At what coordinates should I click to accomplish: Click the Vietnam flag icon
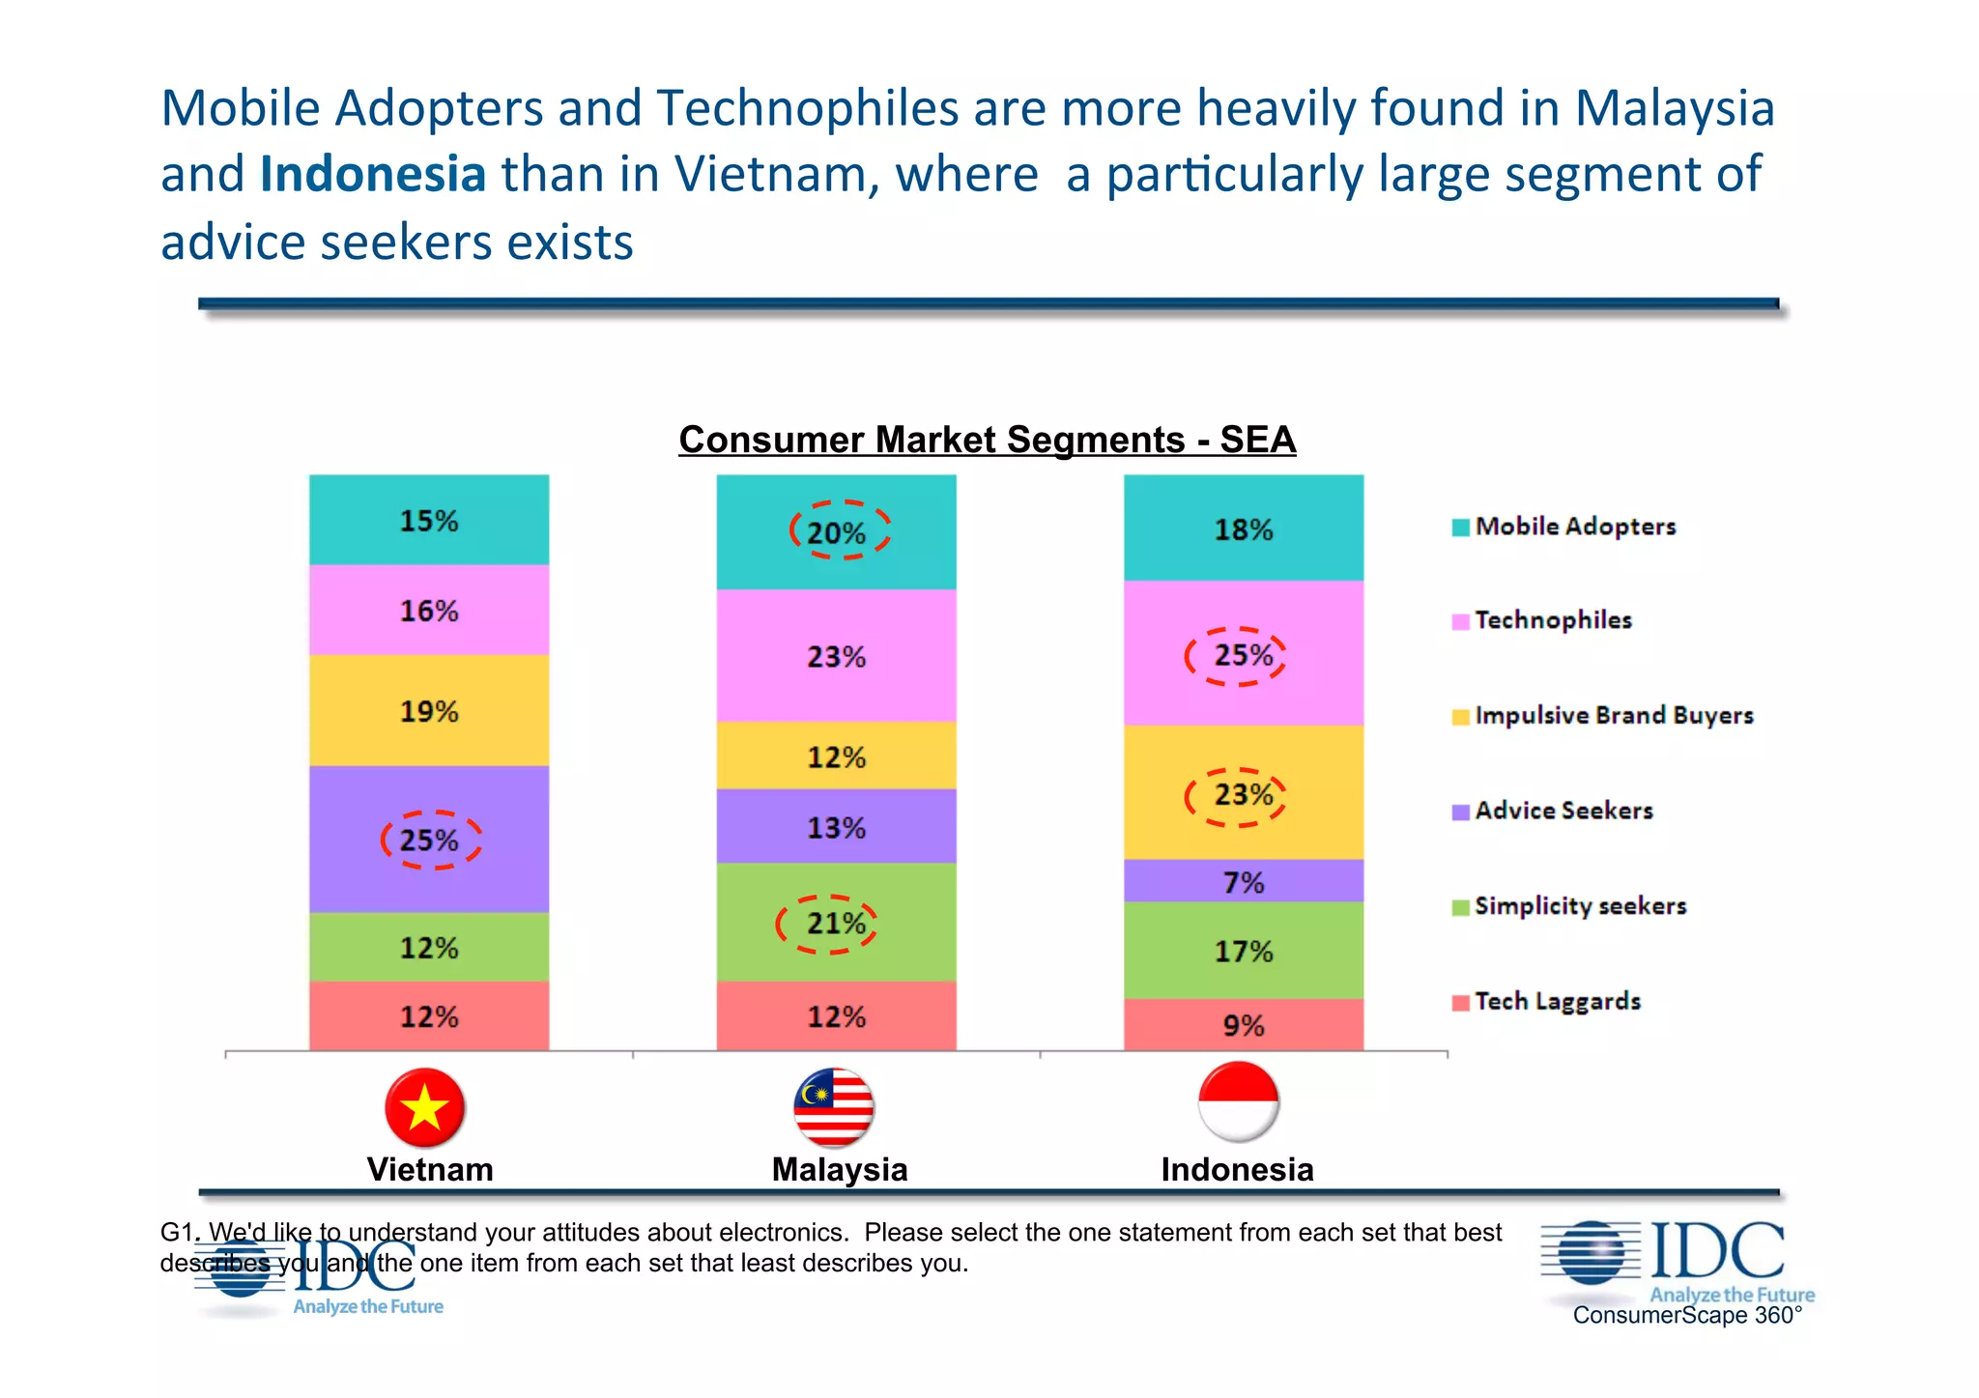click(425, 1106)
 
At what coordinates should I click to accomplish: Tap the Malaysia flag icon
click(834, 1107)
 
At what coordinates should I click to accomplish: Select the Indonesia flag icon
click(1238, 1101)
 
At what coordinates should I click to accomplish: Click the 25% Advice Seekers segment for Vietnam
click(429, 839)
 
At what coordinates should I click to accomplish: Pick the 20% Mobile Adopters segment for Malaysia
click(836, 531)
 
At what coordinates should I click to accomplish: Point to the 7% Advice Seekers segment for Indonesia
click(1243, 881)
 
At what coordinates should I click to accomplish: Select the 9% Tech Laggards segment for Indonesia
click(1243, 1024)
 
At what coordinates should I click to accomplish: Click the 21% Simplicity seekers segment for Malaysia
click(836, 923)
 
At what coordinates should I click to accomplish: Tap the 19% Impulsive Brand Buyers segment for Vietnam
click(429, 711)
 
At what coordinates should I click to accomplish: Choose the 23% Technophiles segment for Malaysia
click(836, 656)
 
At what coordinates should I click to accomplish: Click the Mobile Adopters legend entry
click(1575, 527)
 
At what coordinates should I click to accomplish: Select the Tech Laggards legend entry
click(1557, 1001)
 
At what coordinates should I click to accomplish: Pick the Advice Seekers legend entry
click(1563, 811)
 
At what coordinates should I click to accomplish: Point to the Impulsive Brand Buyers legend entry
click(1613, 716)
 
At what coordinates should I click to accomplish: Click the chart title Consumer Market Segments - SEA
click(987, 440)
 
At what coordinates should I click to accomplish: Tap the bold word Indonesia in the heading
click(372, 175)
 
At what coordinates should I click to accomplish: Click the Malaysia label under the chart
click(839, 1170)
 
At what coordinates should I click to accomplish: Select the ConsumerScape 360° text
click(1687, 1315)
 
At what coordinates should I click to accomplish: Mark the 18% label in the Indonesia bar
click(1243, 529)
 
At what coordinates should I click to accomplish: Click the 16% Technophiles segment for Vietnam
click(429, 611)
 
